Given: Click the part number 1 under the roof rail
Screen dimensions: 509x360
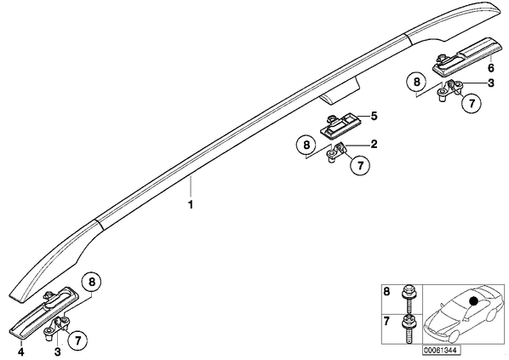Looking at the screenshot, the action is click(191, 205).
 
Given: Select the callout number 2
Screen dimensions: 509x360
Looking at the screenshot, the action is click(374, 144).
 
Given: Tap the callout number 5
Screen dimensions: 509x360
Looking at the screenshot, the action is click(375, 116).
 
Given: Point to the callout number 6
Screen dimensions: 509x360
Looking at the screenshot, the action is click(491, 68).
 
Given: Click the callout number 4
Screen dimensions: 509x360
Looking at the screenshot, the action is click(21, 351).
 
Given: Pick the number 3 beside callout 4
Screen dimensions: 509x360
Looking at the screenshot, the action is click(58, 351).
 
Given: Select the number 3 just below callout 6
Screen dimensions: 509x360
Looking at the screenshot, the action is click(491, 83).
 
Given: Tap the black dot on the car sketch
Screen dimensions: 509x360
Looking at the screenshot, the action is click(474, 301).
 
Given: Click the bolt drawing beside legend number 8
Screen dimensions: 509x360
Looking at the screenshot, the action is click(407, 299).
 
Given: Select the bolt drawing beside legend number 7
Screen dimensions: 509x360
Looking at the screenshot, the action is click(407, 328).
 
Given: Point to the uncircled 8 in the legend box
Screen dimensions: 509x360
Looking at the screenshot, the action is click(386, 291).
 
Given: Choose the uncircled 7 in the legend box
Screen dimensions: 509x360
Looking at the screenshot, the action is click(386, 321).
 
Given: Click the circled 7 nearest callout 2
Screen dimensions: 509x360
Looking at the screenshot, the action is click(360, 166).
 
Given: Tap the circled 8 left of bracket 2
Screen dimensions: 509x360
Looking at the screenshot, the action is click(306, 145).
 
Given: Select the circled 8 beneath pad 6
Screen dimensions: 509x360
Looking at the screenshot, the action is click(416, 82).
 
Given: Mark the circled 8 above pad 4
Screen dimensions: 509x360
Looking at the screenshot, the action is click(92, 282).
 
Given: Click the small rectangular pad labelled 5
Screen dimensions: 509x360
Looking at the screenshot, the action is click(340, 125).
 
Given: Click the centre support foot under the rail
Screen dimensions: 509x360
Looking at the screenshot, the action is click(340, 93).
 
